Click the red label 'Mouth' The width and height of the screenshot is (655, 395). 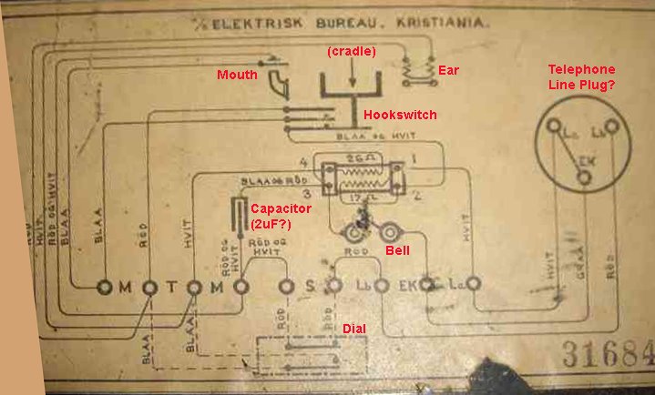click(237, 75)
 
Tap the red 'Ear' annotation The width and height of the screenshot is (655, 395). click(447, 69)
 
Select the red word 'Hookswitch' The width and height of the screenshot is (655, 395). click(400, 116)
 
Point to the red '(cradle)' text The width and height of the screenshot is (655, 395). click(351, 51)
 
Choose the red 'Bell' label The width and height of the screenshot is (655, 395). click(397, 248)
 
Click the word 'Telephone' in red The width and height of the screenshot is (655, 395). click(581, 69)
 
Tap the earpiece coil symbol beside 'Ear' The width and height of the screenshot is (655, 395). click(417, 70)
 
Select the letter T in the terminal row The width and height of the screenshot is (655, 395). click(171, 288)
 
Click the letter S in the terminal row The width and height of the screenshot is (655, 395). click(310, 288)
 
